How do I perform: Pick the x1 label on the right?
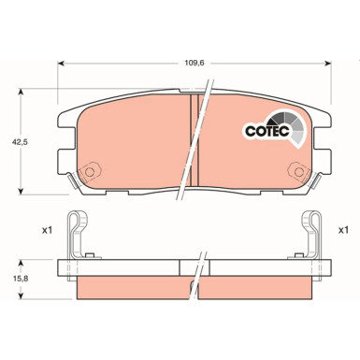343,229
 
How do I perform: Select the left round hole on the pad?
91,173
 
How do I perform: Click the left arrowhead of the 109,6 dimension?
62,64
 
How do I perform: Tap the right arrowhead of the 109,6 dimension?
328,64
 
